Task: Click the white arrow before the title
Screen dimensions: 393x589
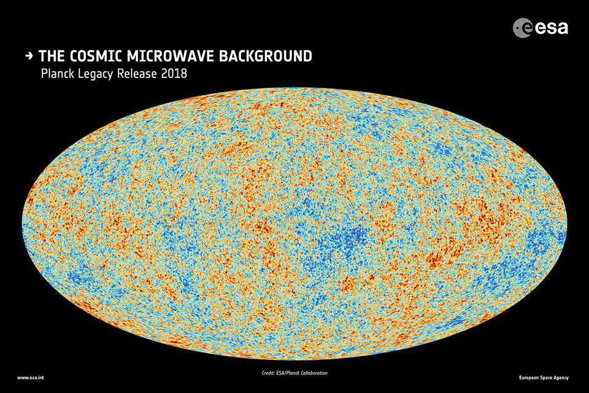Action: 28,56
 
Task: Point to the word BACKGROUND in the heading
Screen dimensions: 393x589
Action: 265,56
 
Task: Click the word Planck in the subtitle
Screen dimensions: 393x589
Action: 58,74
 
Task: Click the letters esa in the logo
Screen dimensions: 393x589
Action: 552,27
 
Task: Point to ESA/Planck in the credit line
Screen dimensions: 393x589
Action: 294,373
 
